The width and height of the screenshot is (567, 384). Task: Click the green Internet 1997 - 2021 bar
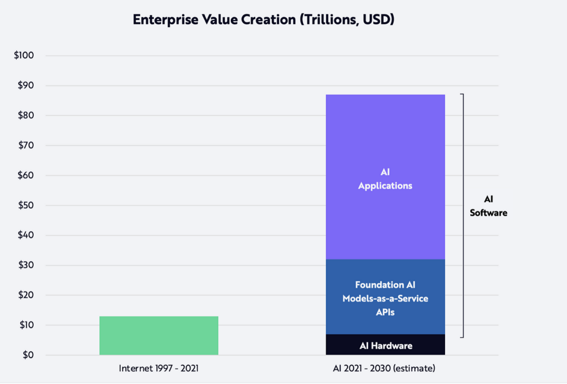point(159,335)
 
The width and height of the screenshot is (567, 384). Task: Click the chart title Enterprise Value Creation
point(263,21)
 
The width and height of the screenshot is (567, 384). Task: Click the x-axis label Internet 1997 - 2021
point(158,368)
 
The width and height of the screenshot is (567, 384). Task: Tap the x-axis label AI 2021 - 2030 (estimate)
point(385,368)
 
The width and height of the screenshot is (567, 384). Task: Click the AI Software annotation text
point(488,206)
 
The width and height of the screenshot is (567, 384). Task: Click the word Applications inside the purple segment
point(385,186)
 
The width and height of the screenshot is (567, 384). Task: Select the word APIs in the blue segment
point(385,312)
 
